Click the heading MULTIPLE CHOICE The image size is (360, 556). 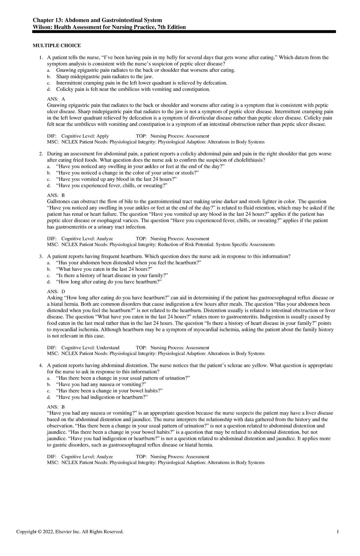point(57,46)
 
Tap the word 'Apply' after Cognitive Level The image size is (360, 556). point(103,136)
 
